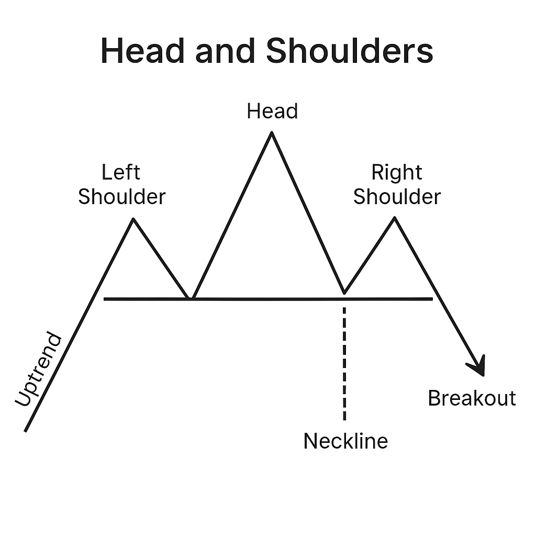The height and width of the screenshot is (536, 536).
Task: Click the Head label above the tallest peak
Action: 272,111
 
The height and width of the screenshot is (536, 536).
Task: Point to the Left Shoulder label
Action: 121,184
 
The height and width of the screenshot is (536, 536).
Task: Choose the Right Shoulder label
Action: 397,184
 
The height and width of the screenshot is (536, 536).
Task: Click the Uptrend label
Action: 38,369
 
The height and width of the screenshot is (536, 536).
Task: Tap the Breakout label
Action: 472,398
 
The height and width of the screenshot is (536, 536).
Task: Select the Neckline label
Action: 345,441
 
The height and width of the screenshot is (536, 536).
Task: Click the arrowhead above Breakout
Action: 478,366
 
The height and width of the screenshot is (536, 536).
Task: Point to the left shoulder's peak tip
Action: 133,218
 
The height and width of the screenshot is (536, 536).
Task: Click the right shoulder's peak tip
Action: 395,218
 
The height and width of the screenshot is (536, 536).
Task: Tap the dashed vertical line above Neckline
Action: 344,361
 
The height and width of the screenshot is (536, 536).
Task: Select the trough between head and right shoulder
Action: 344,293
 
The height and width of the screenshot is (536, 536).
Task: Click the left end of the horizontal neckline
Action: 105,299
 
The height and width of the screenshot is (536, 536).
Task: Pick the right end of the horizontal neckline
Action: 432,299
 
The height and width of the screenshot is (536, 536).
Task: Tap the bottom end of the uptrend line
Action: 25,431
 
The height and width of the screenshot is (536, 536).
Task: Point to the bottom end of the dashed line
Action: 344,419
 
